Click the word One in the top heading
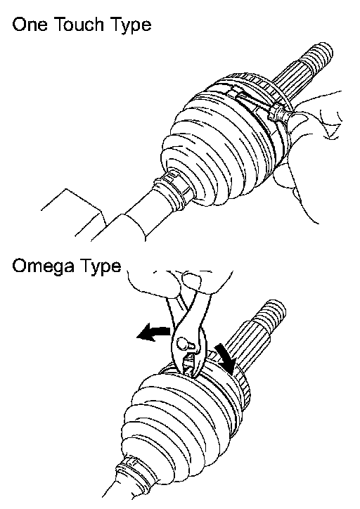pyautogui.click(x=30, y=25)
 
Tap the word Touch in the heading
pyautogui.click(x=79, y=24)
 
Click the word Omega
pyautogui.click(x=43, y=266)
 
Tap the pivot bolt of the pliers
pyautogui.click(x=183, y=344)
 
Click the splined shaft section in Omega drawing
pyautogui.click(x=247, y=344)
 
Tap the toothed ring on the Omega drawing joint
pyautogui.click(x=243, y=386)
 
